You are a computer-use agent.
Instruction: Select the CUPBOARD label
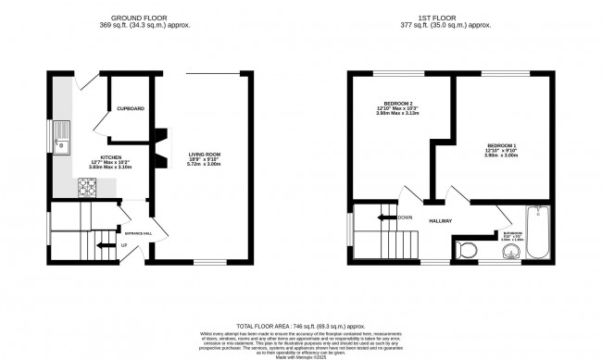130,109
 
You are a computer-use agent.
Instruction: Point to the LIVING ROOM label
204,157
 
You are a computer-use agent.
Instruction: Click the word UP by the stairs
124,245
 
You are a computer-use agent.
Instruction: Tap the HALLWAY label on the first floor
439,219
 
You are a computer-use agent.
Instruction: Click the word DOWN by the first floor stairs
404,217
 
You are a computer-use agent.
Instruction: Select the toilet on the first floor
465,248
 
